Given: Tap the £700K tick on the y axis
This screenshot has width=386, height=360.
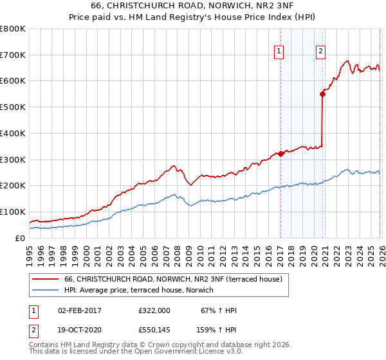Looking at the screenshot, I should click(x=13, y=55).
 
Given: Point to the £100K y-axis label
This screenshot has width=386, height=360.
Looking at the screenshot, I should click(x=13, y=212).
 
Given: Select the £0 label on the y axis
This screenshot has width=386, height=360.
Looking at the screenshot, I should click(x=19, y=238).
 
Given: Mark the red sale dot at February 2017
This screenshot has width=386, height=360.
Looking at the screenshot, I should click(x=281, y=154).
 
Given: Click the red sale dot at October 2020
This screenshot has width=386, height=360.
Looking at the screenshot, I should click(x=323, y=94).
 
